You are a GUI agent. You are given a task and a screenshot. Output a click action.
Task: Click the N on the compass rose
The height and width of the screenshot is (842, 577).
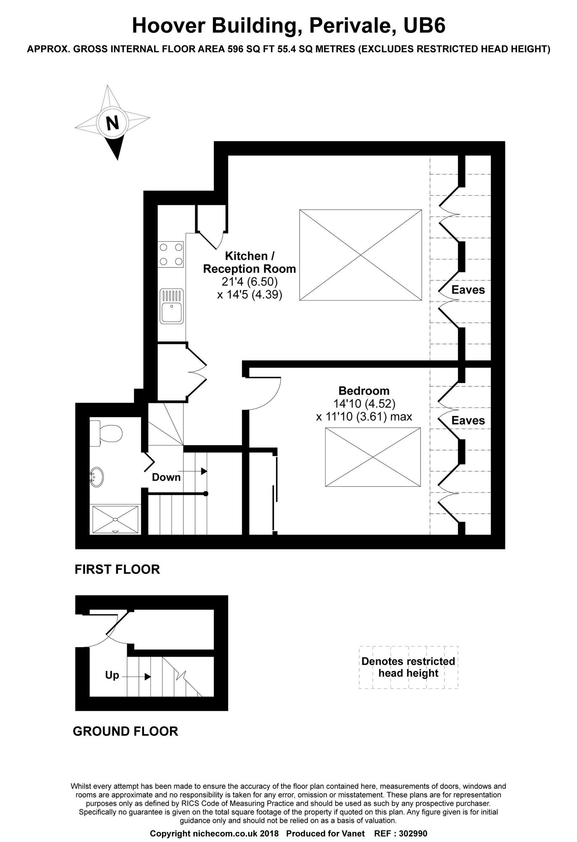pyautogui.click(x=112, y=123)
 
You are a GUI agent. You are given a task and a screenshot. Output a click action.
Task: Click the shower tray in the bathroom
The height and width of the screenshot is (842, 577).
pyautogui.click(x=115, y=520)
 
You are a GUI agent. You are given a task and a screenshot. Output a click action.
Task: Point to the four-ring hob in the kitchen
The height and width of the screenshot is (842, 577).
pyautogui.click(x=171, y=254)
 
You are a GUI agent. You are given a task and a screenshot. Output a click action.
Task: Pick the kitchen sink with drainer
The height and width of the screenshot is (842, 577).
pyautogui.click(x=171, y=306)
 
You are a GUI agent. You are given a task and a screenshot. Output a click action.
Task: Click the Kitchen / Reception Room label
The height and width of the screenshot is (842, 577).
pyautogui.click(x=250, y=262)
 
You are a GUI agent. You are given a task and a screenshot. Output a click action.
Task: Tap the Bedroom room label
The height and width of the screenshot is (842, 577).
pyautogui.click(x=364, y=391)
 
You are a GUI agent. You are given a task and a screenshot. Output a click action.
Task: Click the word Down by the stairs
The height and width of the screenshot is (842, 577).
pyautogui.click(x=166, y=477)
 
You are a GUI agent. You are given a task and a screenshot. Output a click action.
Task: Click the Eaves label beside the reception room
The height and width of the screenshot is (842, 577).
pyautogui.click(x=468, y=290)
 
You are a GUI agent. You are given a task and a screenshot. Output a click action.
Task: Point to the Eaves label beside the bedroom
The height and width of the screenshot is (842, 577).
pyautogui.click(x=468, y=420)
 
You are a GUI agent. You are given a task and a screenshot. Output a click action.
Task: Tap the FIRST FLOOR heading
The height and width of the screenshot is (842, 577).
pyautogui.click(x=117, y=570)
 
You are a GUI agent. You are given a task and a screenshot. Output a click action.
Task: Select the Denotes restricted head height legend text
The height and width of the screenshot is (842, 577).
pyautogui.click(x=408, y=667)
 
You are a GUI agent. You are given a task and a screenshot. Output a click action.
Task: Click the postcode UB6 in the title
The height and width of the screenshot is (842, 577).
pyautogui.click(x=424, y=26)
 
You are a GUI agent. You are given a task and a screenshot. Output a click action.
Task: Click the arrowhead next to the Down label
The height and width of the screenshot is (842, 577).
pyautogui.click(x=204, y=471)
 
